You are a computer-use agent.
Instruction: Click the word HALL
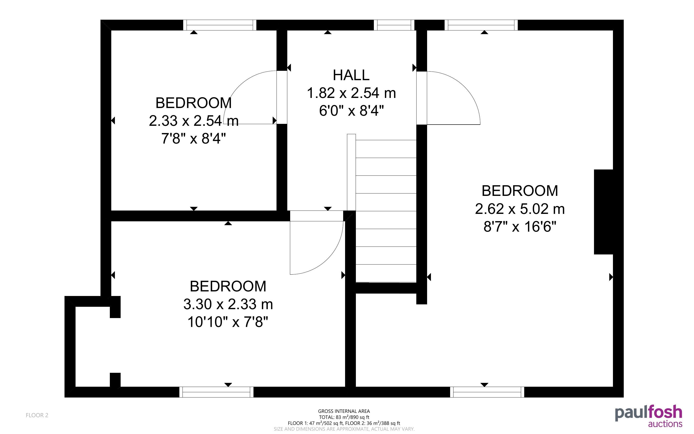tap(351, 75)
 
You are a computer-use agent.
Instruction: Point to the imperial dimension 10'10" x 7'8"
tap(228, 322)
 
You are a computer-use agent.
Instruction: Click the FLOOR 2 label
tap(37, 415)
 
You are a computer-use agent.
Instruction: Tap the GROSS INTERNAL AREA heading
tap(344, 411)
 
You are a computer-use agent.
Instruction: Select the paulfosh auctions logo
tap(648, 416)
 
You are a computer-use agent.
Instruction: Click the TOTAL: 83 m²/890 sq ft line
tap(344, 417)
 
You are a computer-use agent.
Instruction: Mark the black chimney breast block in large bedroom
tap(603, 212)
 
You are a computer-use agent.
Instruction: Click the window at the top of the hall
tap(394, 25)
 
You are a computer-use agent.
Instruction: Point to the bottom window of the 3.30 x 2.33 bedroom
tap(217, 392)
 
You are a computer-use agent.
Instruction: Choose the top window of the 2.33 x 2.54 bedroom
tap(220, 25)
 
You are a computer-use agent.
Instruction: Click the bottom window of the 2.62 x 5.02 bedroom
tap(487, 392)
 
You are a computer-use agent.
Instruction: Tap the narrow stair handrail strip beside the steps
tap(352, 172)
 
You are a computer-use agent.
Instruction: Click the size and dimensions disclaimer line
tap(344, 429)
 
